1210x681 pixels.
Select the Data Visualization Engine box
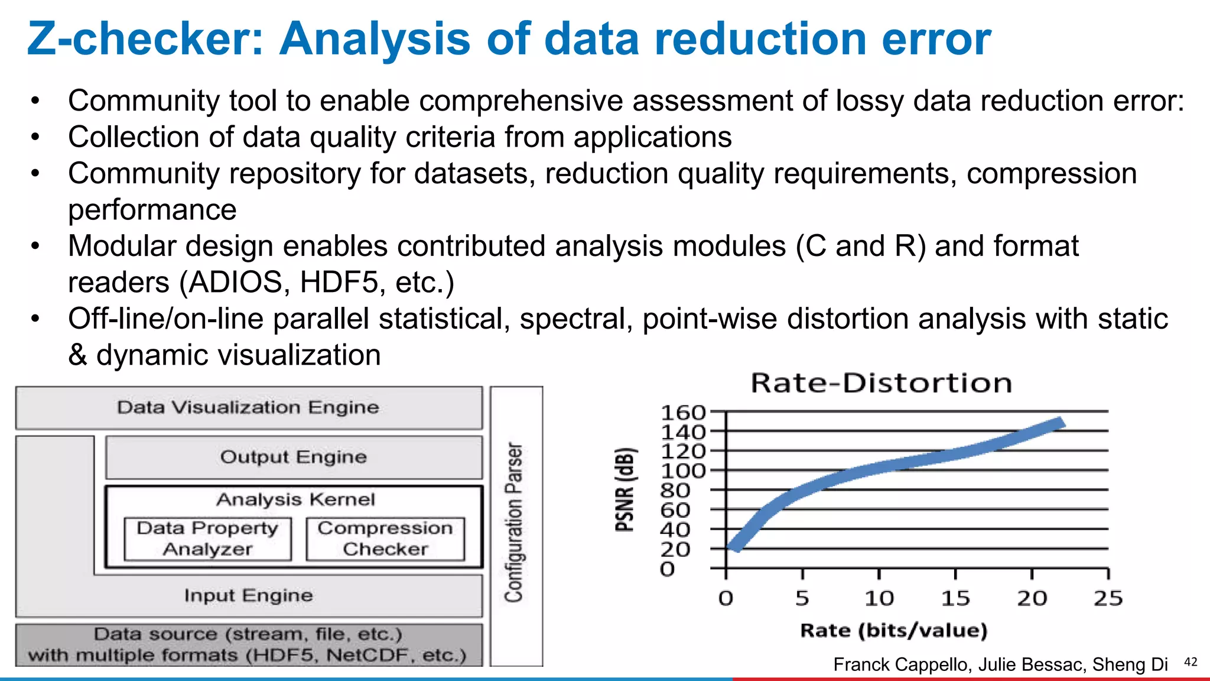click(248, 407)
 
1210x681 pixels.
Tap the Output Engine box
click(294, 457)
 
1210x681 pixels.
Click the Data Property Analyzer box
click(207, 539)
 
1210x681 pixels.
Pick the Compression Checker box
click(385, 539)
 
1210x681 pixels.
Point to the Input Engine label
click(248, 595)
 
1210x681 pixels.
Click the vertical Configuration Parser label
click(515, 523)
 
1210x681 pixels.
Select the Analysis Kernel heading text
click(295, 500)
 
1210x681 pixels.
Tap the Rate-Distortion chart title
click(882, 384)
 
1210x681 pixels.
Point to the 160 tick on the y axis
click(683, 413)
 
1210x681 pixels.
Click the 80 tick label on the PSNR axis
click(675, 491)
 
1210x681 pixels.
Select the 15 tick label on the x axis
click(955, 598)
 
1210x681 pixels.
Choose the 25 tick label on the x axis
click(1108, 598)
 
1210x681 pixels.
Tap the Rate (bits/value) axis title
click(894, 630)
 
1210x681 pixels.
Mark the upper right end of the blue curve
click(1061, 423)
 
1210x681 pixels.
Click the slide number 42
click(1191, 662)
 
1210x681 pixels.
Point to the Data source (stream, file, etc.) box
click(248, 644)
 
